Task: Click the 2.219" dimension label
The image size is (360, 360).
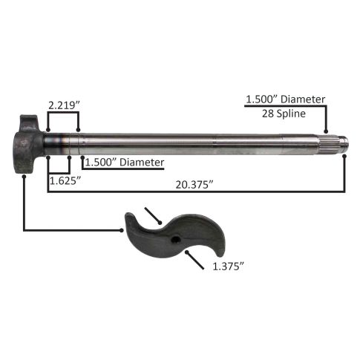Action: click(x=64, y=105)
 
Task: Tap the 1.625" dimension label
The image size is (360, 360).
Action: click(x=65, y=181)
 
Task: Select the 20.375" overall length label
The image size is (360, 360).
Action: click(x=194, y=185)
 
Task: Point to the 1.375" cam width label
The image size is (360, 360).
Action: click(x=229, y=266)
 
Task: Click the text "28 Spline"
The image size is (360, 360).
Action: click(x=284, y=114)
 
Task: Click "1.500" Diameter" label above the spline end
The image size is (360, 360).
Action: click(x=285, y=99)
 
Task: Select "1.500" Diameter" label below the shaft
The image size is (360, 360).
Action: click(x=125, y=163)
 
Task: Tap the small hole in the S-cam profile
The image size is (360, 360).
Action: click(x=176, y=240)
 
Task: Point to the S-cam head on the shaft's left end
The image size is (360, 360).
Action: click(x=28, y=144)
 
